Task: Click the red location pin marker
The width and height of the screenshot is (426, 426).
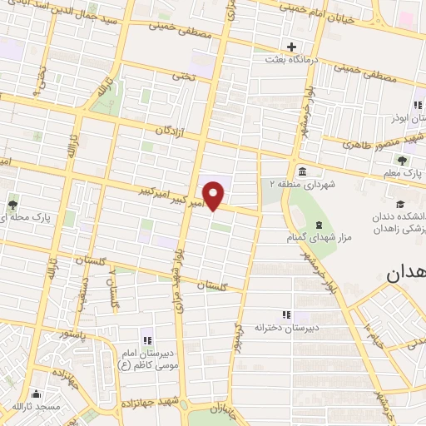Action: (x=215, y=194)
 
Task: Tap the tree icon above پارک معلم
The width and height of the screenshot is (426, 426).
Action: (x=402, y=160)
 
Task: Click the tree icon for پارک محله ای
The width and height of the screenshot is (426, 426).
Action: (x=12, y=202)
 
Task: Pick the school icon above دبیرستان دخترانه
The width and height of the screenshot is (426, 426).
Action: (x=287, y=314)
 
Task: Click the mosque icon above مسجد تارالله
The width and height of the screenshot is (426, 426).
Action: (x=34, y=395)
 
